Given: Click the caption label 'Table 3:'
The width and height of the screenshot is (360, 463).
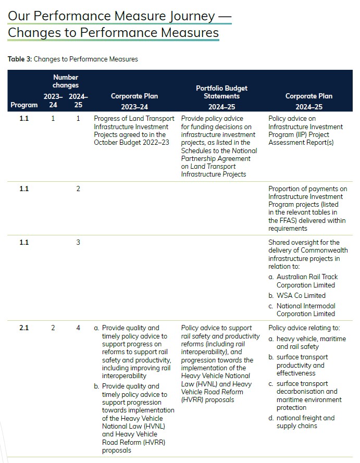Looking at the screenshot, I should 20,59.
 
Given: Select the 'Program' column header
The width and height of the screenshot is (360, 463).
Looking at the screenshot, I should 24,105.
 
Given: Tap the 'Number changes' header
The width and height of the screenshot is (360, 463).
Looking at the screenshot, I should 66,81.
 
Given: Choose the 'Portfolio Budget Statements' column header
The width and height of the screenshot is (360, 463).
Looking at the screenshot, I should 221,92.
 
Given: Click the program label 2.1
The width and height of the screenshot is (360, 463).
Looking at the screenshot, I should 24,328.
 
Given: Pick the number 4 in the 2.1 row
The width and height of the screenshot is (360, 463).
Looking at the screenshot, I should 78,328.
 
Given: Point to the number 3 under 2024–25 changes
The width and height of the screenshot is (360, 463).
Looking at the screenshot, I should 78,242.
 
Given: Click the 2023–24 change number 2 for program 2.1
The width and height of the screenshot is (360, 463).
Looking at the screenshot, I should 53,328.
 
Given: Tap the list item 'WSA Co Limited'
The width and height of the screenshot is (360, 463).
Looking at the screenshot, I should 301,295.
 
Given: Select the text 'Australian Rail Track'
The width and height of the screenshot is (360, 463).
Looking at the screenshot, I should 307,277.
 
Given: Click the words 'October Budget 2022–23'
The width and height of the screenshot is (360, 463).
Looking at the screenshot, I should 131,142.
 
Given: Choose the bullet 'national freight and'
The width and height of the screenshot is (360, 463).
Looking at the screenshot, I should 305,418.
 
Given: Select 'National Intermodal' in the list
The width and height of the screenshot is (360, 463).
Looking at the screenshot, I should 306,306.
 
